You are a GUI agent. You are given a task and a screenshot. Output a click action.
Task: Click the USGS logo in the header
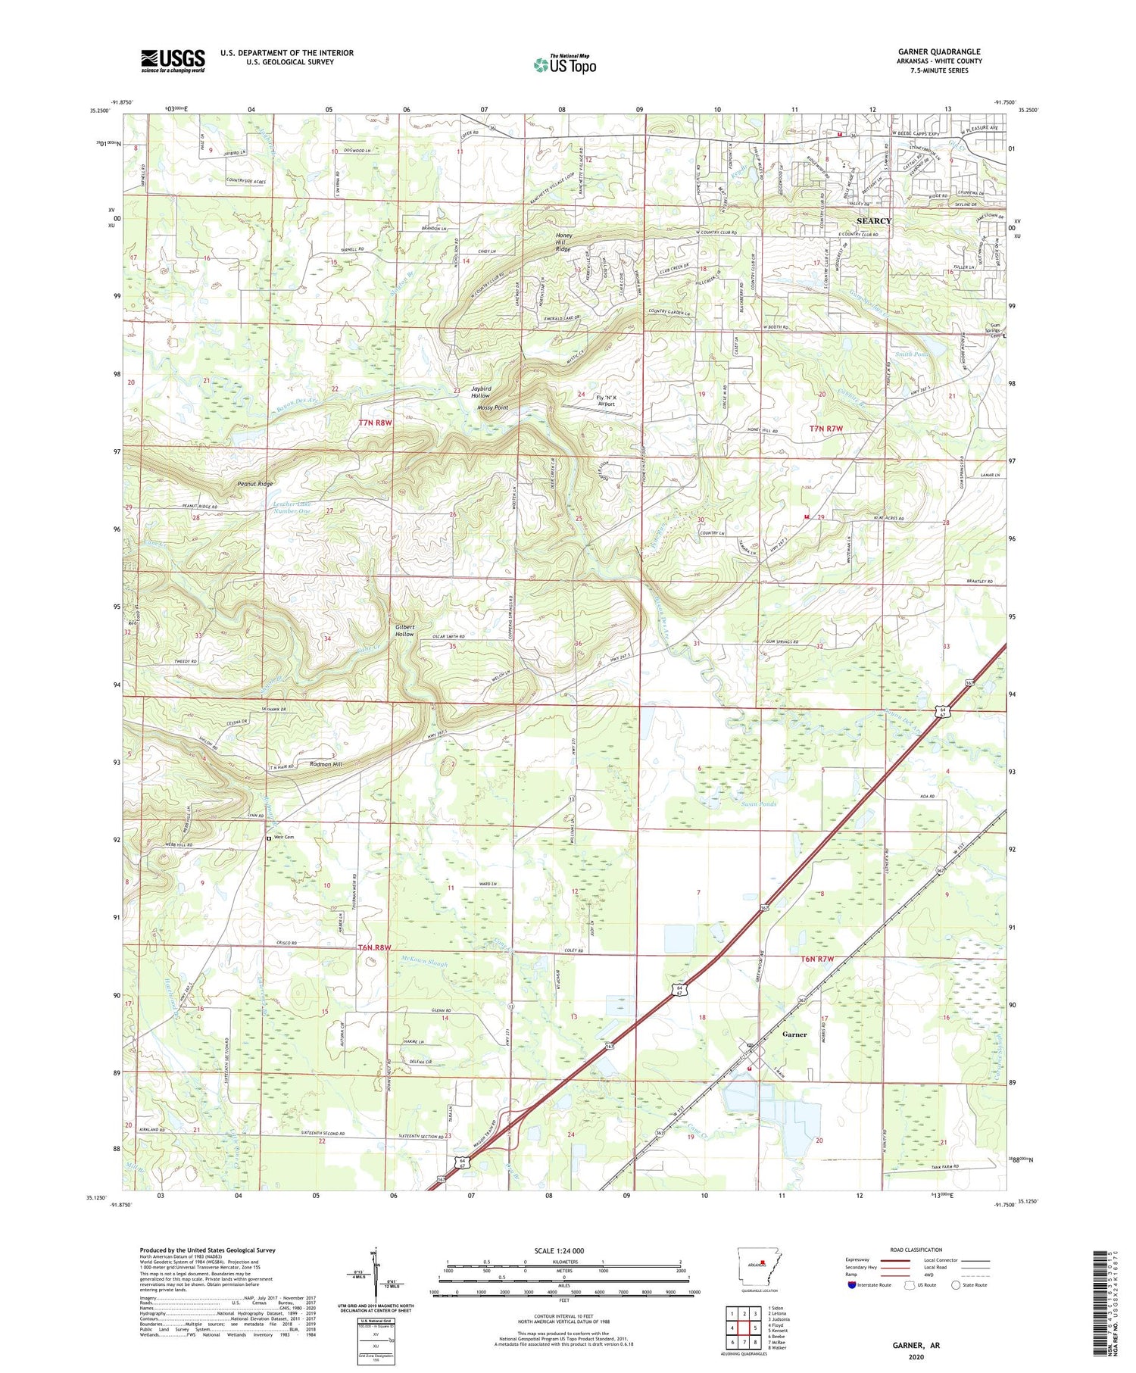[173, 61]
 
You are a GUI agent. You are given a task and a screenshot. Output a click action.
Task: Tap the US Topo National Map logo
[564, 64]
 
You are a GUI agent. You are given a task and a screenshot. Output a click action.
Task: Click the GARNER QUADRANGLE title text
[938, 51]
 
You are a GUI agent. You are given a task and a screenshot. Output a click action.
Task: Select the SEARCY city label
[873, 221]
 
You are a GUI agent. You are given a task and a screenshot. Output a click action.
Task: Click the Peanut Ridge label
[254, 483]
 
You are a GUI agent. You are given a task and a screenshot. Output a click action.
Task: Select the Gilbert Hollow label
[404, 630]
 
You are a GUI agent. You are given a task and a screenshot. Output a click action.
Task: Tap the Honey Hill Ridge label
[563, 242]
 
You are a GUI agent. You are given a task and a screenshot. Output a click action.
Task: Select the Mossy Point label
[492, 407]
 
